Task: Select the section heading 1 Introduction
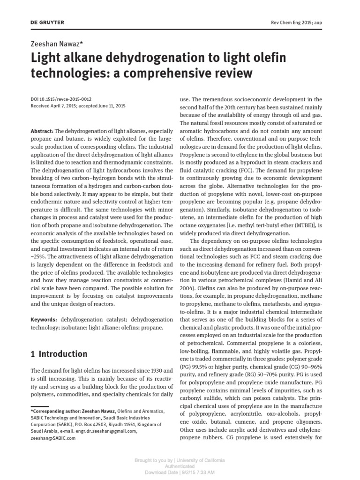(x=59, y=354)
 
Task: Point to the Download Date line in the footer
(x=180, y=472)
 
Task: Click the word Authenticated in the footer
(x=180, y=466)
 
